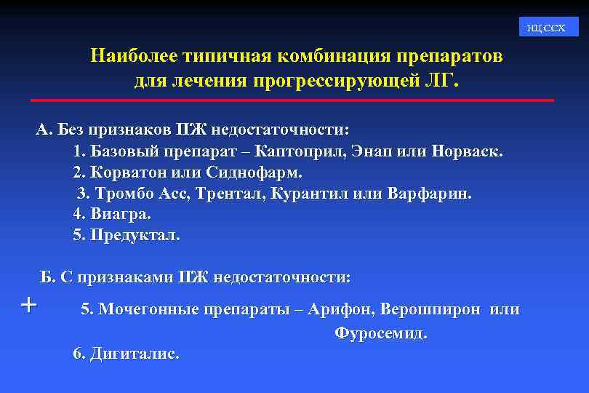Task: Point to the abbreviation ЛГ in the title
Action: pyautogui.click(x=444, y=78)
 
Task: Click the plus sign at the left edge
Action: pyautogui.click(x=28, y=303)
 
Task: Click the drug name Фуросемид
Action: pyautogui.click(x=381, y=333)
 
